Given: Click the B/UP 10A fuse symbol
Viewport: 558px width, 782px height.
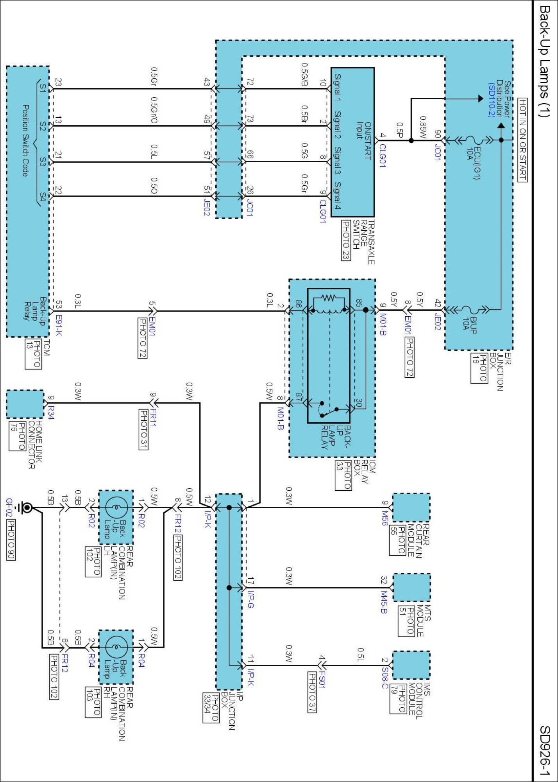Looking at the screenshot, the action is (472, 310).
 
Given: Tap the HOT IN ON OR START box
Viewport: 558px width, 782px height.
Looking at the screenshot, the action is (522, 140).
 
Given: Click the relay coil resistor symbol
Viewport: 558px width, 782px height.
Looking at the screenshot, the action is (329, 298).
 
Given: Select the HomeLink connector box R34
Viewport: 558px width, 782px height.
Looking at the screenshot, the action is (25, 404).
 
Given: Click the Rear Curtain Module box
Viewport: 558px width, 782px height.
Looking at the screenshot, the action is (411, 508).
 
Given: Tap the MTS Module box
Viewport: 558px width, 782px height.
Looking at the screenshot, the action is (411, 587).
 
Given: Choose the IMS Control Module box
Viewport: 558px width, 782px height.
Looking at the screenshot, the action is (411, 665).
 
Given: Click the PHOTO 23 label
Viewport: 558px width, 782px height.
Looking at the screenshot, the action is (346, 240).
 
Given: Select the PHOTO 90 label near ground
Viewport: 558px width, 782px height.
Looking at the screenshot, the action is (11, 540).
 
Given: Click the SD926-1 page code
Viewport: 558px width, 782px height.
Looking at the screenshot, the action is (545, 750).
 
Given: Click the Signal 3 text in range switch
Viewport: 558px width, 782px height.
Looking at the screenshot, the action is (337, 161).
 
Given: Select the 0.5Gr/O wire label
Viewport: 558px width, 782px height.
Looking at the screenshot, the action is (154, 111).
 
